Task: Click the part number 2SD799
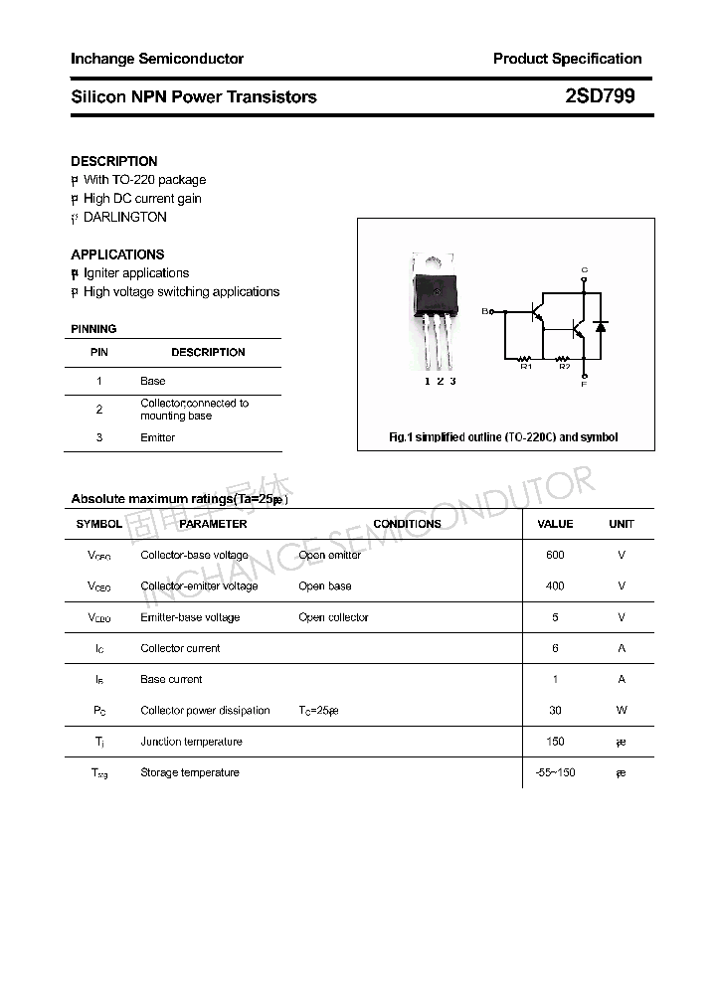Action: click(599, 96)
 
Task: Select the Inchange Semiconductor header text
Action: click(157, 59)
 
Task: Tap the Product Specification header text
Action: click(567, 59)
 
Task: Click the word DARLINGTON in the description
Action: click(124, 217)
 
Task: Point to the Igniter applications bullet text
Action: click(135, 273)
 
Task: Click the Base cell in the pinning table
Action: click(152, 381)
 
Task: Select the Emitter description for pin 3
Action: click(157, 437)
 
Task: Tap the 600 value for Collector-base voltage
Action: click(555, 555)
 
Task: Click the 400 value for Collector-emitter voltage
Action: click(555, 587)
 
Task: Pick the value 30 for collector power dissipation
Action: click(555, 711)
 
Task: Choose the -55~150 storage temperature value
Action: click(555, 772)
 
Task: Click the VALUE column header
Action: click(555, 524)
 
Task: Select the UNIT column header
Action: click(622, 524)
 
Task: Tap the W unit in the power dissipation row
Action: click(622, 711)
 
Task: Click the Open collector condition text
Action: click(333, 617)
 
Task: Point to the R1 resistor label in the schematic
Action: click(527, 367)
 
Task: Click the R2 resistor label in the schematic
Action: click(564, 367)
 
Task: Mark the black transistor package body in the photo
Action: click(436, 289)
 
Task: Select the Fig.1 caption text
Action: click(502, 437)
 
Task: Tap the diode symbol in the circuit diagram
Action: click(600, 325)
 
